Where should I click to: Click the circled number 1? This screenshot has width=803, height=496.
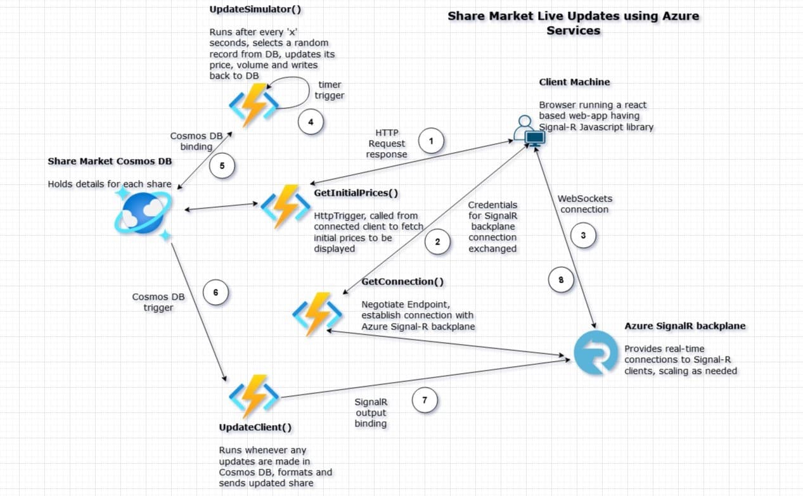(x=432, y=141)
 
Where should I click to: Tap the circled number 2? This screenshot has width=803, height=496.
(x=437, y=241)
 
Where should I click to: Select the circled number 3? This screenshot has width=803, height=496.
(x=583, y=235)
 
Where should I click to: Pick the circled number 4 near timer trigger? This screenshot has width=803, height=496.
(x=311, y=121)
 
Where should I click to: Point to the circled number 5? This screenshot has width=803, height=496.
(x=222, y=166)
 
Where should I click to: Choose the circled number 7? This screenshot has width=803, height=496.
(x=425, y=400)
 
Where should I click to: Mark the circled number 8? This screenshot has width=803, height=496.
(x=561, y=279)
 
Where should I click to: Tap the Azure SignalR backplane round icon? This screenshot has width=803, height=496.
(x=595, y=352)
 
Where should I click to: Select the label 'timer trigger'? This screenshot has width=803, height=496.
(x=330, y=89)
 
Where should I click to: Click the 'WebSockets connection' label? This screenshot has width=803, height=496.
(x=584, y=203)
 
